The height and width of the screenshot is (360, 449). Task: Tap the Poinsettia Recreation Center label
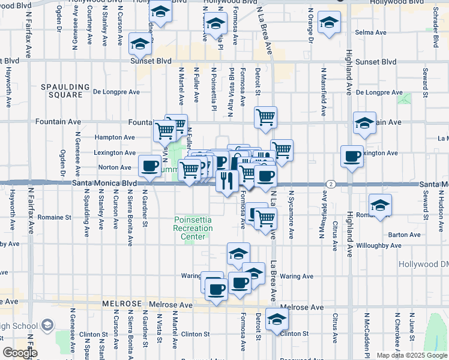(193, 228)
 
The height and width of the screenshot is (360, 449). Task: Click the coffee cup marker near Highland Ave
(352, 157)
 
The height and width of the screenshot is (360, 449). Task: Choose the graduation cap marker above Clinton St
(277, 319)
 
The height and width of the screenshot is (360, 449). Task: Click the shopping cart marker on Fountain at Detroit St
(265, 117)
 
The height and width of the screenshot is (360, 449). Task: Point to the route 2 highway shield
(330, 183)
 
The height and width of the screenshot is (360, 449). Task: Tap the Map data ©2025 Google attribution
(411, 355)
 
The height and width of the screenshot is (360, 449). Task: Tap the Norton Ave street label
(115, 167)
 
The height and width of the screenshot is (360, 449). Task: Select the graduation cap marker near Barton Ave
(379, 206)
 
